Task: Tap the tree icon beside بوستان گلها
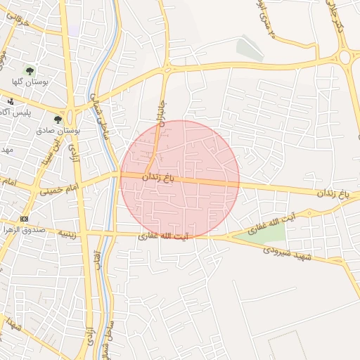[x=30, y=70]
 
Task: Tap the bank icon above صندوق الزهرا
[x=25, y=219]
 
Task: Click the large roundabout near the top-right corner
[x=345, y=57]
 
